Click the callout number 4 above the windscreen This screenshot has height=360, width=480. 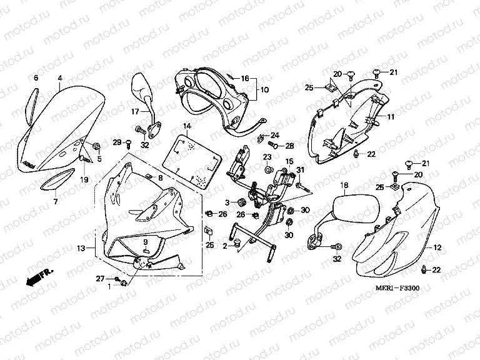click(x=60, y=78)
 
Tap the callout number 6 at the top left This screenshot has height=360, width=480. click(x=36, y=78)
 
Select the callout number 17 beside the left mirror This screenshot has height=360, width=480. click(x=134, y=112)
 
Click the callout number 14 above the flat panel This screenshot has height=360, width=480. click(x=186, y=126)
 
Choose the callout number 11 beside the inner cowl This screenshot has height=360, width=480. click(x=390, y=117)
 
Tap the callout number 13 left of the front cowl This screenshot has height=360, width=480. click(x=81, y=249)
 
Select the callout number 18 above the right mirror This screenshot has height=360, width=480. click(x=344, y=186)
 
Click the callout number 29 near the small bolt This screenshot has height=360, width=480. click(x=117, y=143)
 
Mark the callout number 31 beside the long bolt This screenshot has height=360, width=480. click(x=300, y=171)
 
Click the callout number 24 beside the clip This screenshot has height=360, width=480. click(x=275, y=136)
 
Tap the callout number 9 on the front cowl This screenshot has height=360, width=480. click(x=146, y=242)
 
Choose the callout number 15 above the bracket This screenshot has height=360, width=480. click(x=289, y=162)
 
